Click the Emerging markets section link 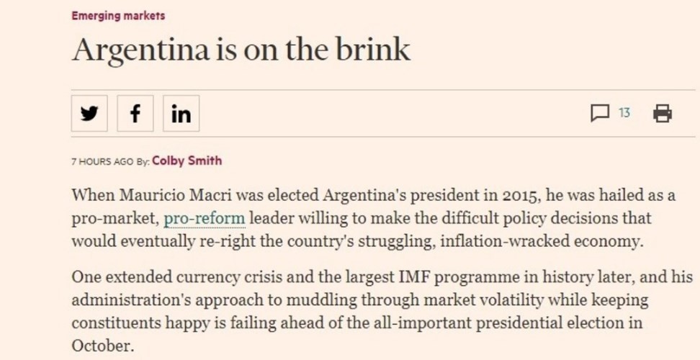(x=117, y=15)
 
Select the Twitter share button (x=89, y=114)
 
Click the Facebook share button (x=135, y=114)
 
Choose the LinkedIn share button (x=181, y=114)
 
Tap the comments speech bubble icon (x=600, y=113)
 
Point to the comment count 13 (x=624, y=113)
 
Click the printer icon (x=662, y=113)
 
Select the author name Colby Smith (x=187, y=161)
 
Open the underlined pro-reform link (x=205, y=217)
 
